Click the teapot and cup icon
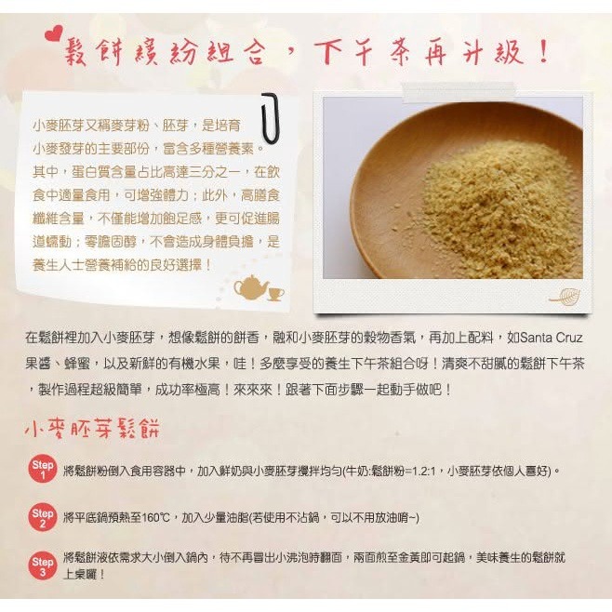click(x=258, y=287)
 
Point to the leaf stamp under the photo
click(x=563, y=296)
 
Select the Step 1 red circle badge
click(x=43, y=470)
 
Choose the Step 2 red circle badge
click(x=43, y=517)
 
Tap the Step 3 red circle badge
click(x=43, y=565)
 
